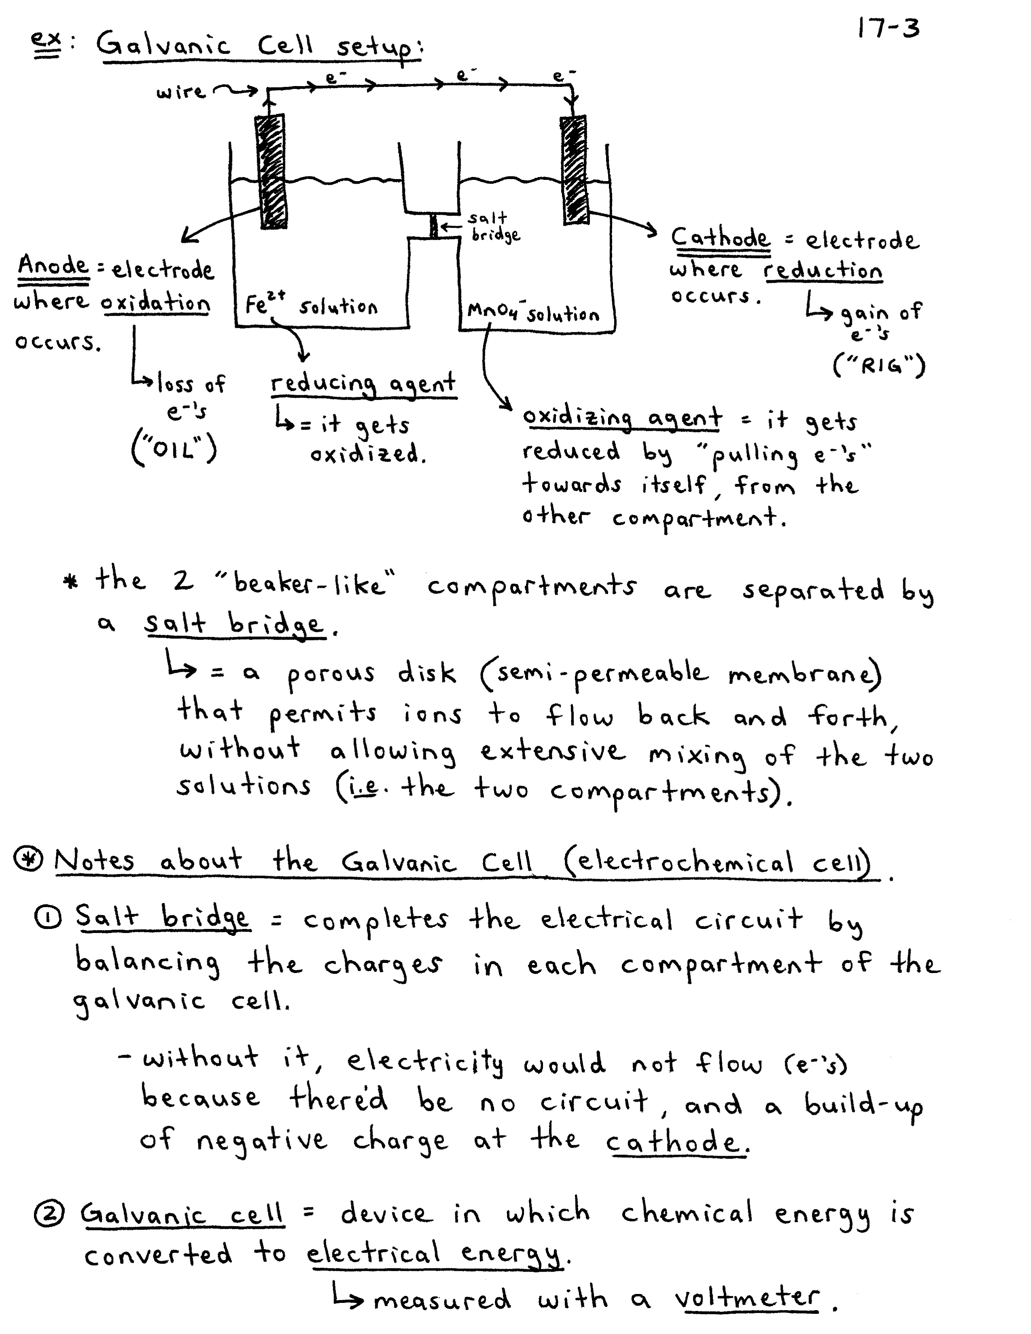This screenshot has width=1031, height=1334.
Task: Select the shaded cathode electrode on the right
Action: (x=574, y=170)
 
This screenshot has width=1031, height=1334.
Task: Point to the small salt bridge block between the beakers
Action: (x=434, y=226)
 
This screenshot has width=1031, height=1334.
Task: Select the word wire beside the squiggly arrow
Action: (x=180, y=92)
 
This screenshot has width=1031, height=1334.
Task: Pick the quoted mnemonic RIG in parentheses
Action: (x=879, y=366)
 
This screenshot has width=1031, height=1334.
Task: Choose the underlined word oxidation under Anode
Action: (x=156, y=303)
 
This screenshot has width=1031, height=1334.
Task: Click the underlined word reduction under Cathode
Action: (x=823, y=270)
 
